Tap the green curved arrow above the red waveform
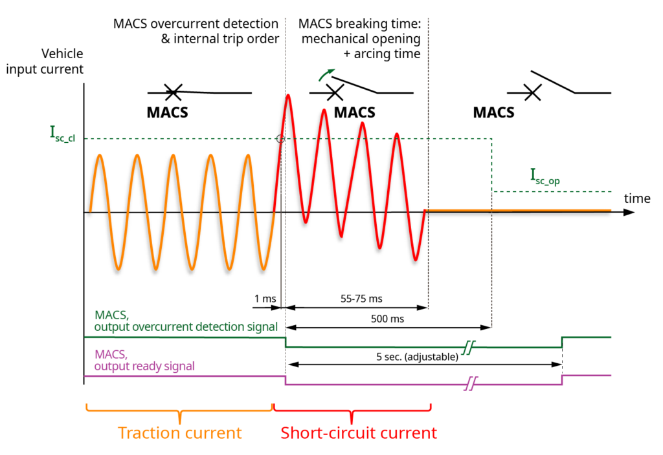tap(327, 75)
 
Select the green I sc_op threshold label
tap(544, 176)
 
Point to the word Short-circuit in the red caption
tap(322, 432)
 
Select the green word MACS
tap(111, 315)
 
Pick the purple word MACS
tap(111, 354)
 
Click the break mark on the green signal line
tap(468, 348)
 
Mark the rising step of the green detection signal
tap(562, 342)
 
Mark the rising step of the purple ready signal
tap(562, 380)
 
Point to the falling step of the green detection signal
tap(286, 342)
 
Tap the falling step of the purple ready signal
tap(286, 380)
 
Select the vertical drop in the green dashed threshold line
tap(491, 165)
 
